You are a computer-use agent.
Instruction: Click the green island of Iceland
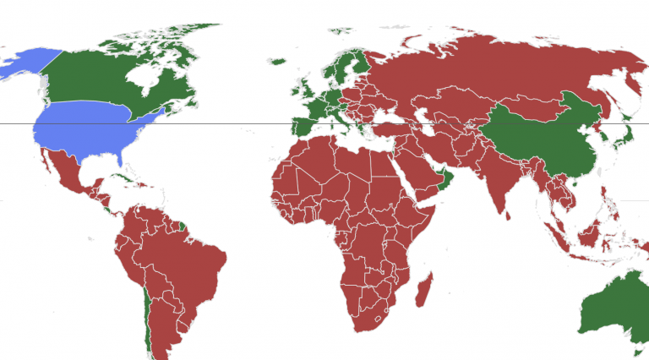tap(277, 61)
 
